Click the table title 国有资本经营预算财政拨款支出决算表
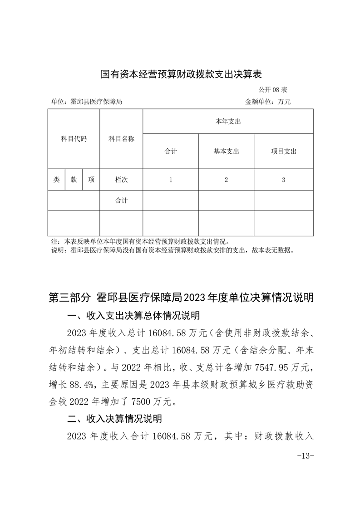(x=181, y=73)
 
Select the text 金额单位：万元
(x=268, y=102)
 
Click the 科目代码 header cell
(x=74, y=139)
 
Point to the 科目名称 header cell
(x=121, y=139)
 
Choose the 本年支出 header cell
(x=228, y=122)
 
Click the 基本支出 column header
(x=226, y=152)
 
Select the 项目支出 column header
(x=283, y=152)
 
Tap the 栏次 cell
(x=121, y=180)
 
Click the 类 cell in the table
(x=56, y=180)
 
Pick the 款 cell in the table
(x=74, y=180)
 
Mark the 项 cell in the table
(x=91, y=180)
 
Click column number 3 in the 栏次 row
(x=283, y=180)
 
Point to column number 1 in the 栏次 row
(x=171, y=180)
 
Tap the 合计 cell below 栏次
(x=121, y=201)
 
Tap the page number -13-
(x=305, y=455)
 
